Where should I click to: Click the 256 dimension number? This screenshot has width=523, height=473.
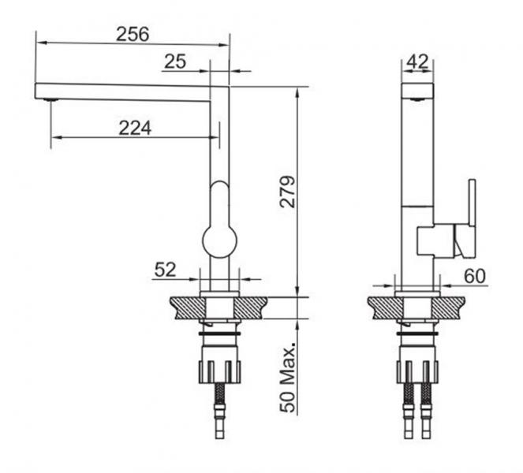tap(133, 34)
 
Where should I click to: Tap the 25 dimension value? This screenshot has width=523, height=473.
tap(175, 61)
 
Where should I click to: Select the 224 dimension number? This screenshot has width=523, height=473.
tap(135, 128)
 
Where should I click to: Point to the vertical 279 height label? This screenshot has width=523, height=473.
tap(287, 192)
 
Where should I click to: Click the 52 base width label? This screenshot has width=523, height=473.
tap(165, 270)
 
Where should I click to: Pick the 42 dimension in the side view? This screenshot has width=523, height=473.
tap(417, 61)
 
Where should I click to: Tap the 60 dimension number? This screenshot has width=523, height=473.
tap(475, 276)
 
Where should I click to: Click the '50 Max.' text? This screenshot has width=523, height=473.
tap(287, 377)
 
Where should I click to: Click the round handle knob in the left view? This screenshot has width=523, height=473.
tap(220, 241)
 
